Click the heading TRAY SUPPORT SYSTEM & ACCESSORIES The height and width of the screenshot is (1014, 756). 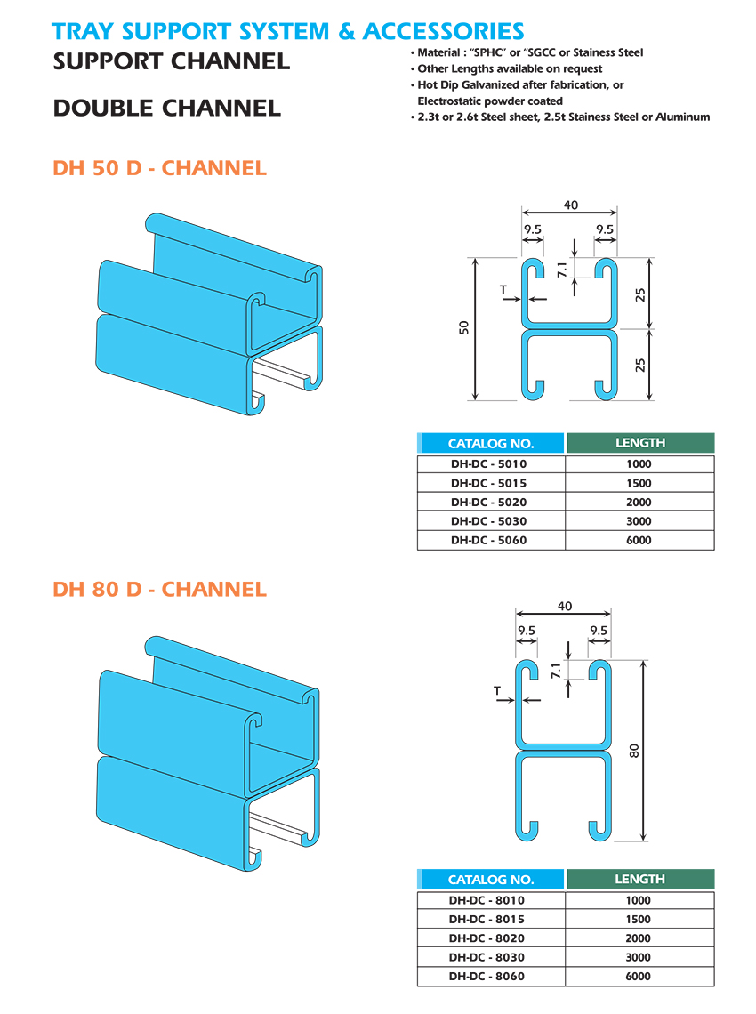click(x=287, y=31)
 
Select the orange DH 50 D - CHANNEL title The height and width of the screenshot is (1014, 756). click(x=160, y=168)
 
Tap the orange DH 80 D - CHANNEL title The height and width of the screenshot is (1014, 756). click(x=160, y=589)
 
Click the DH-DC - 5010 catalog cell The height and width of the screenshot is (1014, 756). click(x=489, y=463)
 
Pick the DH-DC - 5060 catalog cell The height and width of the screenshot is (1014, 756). click(x=489, y=540)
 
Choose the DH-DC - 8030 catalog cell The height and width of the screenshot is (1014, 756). click(x=489, y=957)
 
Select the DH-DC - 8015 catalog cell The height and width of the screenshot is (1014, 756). click(x=489, y=919)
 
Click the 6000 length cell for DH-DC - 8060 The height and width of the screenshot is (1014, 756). click(x=639, y=976)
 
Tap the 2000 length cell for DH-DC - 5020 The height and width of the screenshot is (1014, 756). click(x=639, y=502)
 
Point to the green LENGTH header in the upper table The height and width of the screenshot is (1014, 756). click(x=639, y=442)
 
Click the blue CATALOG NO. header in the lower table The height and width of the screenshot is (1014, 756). click(x=491, y=880)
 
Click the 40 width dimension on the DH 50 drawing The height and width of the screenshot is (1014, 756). click(x=570, y=205)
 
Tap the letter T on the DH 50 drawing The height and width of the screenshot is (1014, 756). click(x=504, y=289)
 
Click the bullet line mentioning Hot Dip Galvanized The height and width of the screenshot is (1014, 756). click(x=521, y=84)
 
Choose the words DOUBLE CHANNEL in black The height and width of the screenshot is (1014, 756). click(x=167, y=109)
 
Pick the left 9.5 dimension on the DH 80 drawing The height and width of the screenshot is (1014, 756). click(x=527, y=631)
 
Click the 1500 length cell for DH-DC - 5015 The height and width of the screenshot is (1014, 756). click(x=639, y=483)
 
